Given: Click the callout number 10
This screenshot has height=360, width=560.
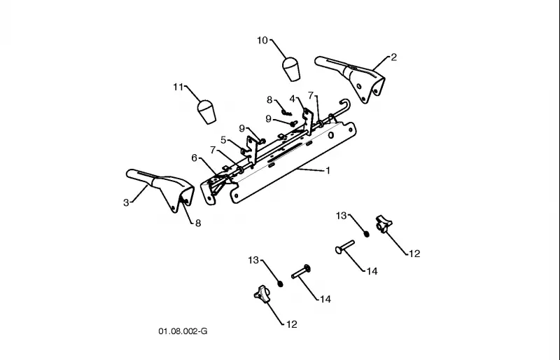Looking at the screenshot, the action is (x=262, y=41).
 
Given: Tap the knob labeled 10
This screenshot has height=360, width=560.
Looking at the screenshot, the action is (x=291, y=69).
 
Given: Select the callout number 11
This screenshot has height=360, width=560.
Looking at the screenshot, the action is (x=178, y=88).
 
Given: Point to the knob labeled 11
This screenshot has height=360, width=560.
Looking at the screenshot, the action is (x=206, y=111).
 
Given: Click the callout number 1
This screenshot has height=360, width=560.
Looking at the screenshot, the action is (x=328, y=171).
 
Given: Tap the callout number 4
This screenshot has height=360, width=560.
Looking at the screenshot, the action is (x=293, y=99).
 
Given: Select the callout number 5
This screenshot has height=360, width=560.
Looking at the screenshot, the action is (x=223, y=140).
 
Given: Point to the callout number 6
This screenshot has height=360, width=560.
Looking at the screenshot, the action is (x=195, y=158).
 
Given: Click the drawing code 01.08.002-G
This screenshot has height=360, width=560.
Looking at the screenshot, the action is (x=183, y=331).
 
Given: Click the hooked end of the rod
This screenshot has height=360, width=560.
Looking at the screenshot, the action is (x=345, y=104).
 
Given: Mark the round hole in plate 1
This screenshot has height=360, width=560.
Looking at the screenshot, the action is (x=331, y=135).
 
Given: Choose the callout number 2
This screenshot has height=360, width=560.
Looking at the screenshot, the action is (x=393, y=57).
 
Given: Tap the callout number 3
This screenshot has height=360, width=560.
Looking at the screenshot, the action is (x=126, y=203).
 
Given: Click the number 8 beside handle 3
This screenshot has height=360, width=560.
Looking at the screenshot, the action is (x=198, y=223).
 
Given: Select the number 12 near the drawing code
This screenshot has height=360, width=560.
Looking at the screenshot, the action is (x=292, y=324).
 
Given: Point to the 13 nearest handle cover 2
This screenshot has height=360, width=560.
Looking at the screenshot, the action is (x=342, y=216).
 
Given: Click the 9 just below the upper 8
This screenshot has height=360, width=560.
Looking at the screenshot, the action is (x=269, y=119).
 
